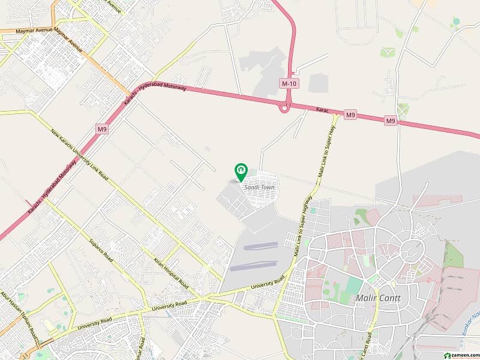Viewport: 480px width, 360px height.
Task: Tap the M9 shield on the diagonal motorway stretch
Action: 101,128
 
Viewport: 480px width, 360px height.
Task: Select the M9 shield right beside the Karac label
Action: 350,114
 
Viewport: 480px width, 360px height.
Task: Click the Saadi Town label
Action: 258,187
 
